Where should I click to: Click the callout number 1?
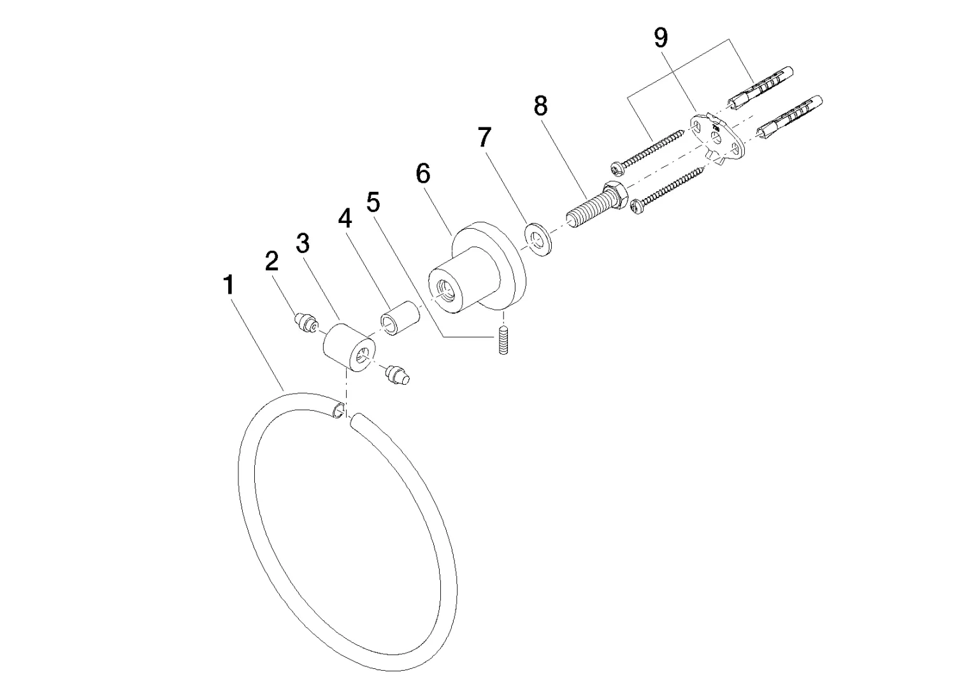[229, 285]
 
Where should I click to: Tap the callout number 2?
[271, 261]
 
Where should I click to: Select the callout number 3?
[303, 243]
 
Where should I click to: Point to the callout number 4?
[345, 219]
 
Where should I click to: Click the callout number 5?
[373, 202]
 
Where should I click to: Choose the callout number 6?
[423, 173]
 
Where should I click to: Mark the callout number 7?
[485, 137]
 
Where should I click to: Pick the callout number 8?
[541, 106]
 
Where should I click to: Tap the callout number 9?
[661, 38]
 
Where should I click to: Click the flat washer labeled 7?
[538, 240]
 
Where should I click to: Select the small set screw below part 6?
[503, 340]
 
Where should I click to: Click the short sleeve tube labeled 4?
[399, 318]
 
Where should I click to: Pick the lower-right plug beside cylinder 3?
[397, 375]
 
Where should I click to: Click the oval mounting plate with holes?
[717, 140]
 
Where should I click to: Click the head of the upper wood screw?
[617, 168]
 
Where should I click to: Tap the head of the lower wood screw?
[639, 205]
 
